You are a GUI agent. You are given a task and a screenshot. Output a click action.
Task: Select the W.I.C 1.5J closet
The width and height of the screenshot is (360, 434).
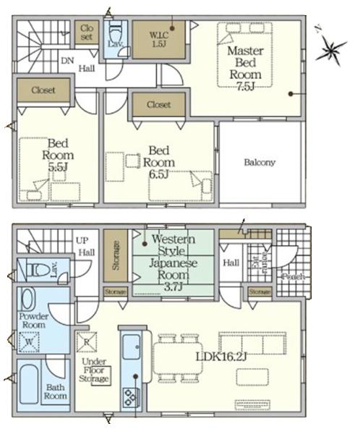(158, 37)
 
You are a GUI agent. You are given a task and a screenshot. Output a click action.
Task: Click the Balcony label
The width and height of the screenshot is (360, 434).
(259, 163)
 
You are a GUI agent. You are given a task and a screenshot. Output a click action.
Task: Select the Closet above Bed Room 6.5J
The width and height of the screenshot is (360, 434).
(158, 105)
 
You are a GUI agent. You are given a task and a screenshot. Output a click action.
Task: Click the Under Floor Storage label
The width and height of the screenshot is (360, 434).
(94, 370)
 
